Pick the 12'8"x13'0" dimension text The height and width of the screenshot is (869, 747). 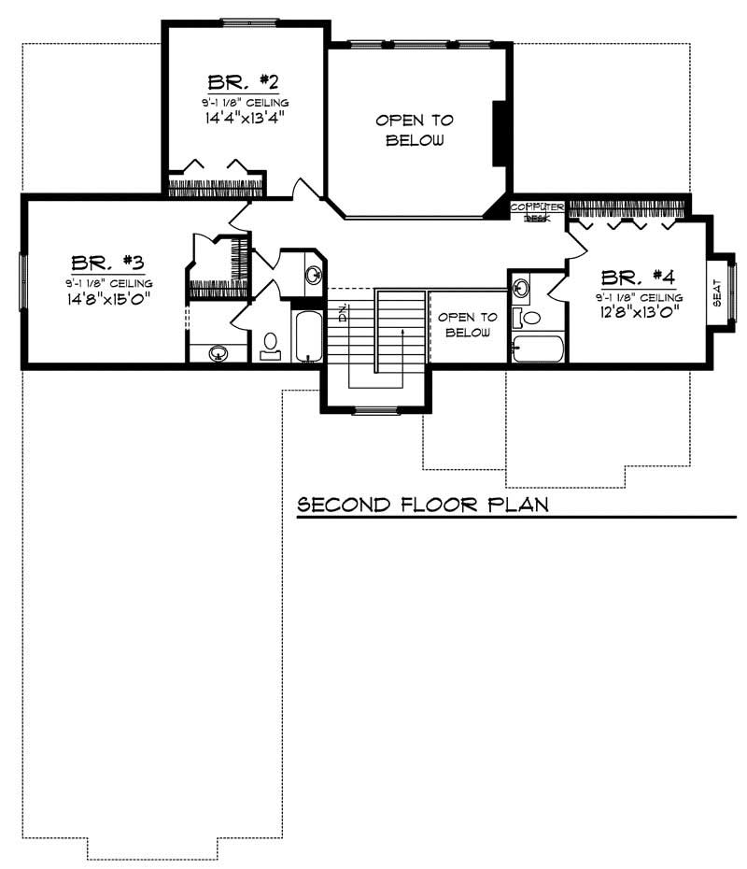point(638,313)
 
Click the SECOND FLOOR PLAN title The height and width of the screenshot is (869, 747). point(422,506)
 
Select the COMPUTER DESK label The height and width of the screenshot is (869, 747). point(537,211)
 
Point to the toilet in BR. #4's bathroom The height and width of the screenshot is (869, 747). point(531,318)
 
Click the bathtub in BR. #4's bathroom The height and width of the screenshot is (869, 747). point(539,350)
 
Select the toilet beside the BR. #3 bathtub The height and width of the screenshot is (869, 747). point(271,347)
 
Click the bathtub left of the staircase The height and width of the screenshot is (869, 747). point(307,337)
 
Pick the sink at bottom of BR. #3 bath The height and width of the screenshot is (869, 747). point(218,353)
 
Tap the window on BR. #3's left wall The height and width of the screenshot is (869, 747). point(23,279)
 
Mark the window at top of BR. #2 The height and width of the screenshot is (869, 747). point(248,22)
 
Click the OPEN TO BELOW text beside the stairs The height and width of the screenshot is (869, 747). point(471,324)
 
